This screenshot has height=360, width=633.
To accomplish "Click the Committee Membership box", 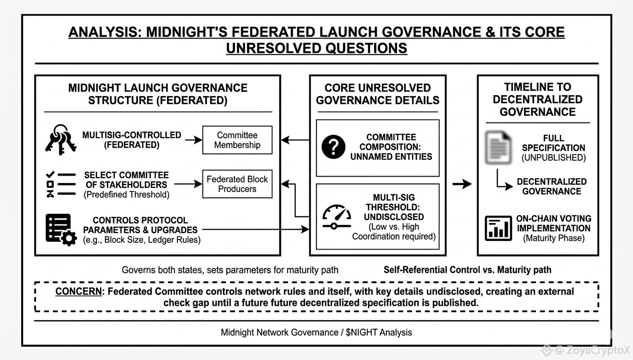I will point(237,140).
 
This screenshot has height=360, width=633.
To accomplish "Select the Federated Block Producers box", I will point(237,184).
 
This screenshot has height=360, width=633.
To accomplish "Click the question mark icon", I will point(334,148).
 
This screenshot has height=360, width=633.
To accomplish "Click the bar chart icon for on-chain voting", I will point(498,228).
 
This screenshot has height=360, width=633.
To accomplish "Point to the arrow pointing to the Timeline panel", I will point(461,184).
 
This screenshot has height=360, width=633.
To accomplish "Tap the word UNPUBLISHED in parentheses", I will point(553,158).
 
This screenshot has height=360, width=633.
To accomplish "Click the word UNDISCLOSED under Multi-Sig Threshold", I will point(394,217).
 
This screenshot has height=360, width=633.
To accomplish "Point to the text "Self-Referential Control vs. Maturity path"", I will point(467,269).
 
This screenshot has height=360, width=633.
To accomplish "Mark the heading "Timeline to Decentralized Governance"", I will point(537,99).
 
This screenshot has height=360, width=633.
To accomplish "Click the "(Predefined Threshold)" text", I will point(127,194).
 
